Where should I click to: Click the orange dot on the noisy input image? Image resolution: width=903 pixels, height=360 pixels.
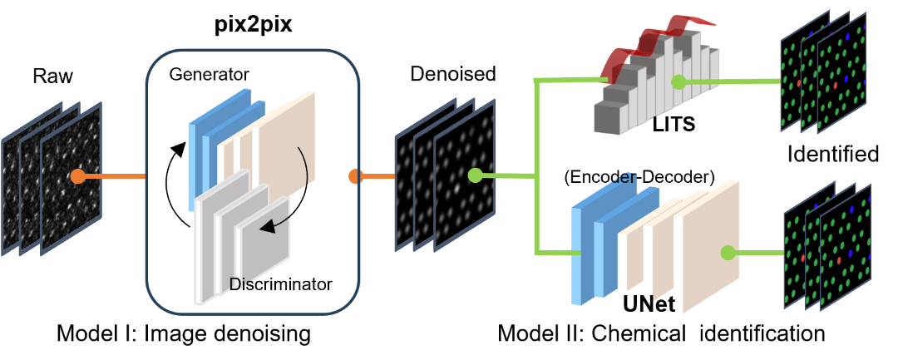coord(77,176)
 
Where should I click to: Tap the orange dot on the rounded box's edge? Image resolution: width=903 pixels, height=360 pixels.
coord(356,176)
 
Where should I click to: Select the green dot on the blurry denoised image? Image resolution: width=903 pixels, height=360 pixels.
coord(475,175)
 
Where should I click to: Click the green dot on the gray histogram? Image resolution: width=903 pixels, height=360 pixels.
coord(678,81)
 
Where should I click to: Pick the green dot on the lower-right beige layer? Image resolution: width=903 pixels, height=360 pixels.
coord(728,253)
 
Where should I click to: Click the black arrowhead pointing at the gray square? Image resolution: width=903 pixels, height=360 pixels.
coord(264,225)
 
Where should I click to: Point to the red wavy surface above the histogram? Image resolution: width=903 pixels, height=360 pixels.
coord(657,37)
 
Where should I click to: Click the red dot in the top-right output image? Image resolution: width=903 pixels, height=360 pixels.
coord(835,86)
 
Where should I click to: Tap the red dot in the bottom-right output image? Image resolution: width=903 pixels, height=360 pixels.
coord(839,260)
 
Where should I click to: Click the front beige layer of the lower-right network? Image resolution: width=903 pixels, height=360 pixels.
coord(707,249)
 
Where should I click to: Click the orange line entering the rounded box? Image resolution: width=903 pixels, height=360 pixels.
coord(116,176)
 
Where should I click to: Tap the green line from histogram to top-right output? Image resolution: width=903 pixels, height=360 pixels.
coord(732,81)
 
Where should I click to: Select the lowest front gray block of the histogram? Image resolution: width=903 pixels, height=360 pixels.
coord(607,121)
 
